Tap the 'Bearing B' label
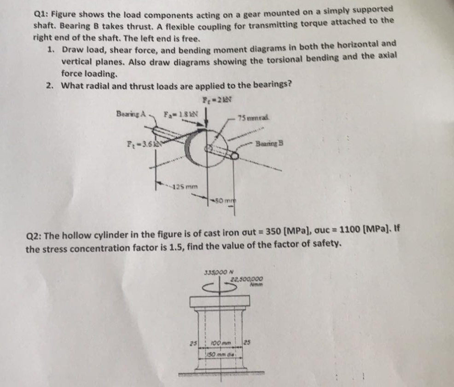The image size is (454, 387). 269,143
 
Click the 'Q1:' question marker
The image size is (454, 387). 41,13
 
